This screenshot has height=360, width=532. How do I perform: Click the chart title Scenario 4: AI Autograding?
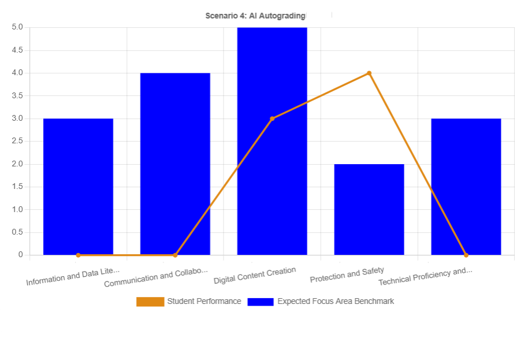click(x=255, y=16)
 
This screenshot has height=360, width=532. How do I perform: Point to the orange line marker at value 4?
click(x=369, y=73)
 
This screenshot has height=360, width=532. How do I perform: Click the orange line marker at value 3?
click(x=272, y=118)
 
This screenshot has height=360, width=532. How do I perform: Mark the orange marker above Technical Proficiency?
click(x=466, y=255)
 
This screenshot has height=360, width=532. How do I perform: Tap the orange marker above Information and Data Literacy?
click(x=78, y=255)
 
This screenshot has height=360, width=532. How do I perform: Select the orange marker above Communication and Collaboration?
click(x=175, y=255)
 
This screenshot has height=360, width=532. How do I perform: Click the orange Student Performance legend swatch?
click(x=150, y=302)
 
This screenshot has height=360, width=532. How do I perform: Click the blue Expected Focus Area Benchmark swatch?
click(x=261, y=302)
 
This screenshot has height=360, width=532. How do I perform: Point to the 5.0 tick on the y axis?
click(x=17, y=27)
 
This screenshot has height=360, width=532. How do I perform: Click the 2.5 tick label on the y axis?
click(x=17, y=141)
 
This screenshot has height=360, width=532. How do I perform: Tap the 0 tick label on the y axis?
click(x=20, y=255)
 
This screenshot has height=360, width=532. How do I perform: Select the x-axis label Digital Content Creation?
click(x=255, y=275)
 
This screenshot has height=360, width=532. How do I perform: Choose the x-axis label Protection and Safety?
click(x=347, y=275)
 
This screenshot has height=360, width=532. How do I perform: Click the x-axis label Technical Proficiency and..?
click(x=425, y=276)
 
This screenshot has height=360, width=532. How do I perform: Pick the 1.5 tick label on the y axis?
click(x=17, y=187)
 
